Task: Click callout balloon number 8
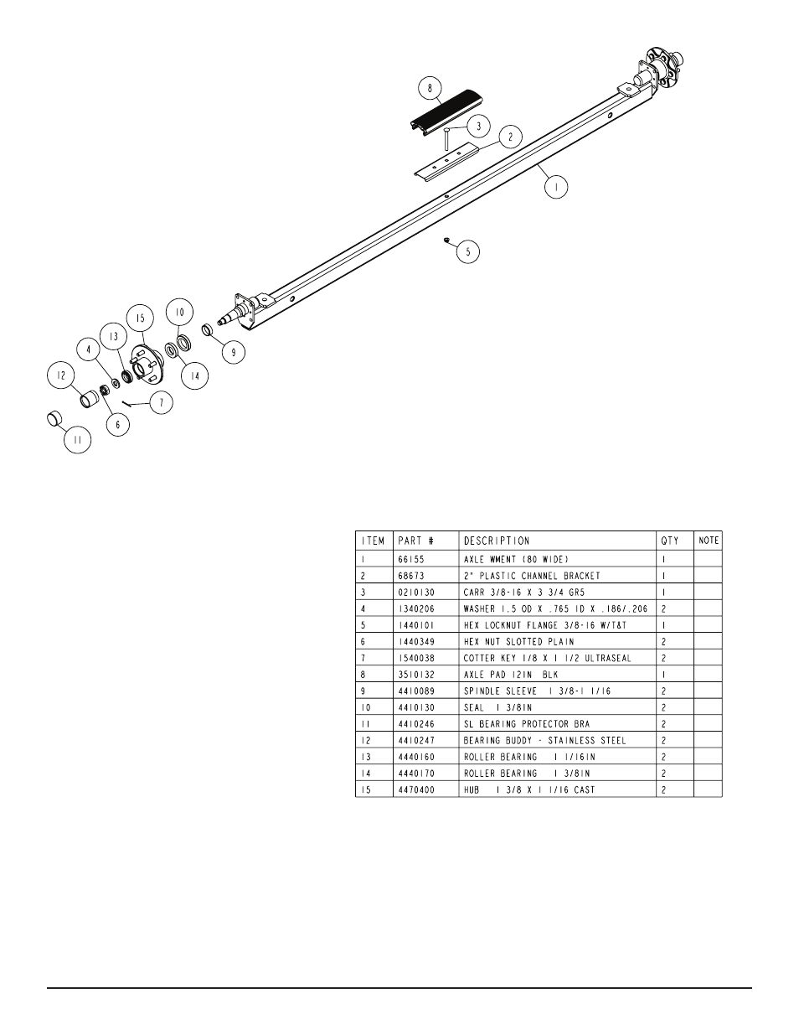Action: point(430,88)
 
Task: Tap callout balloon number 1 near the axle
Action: point(555,186)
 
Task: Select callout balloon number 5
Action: point(468,251)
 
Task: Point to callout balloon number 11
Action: point(77,440)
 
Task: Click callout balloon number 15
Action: point(141,318)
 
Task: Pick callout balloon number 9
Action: point(234,353)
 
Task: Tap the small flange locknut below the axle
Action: point(448,239)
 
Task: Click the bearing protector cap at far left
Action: point(54,417)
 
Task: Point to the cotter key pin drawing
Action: point(129,401)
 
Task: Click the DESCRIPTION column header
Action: point(497,541)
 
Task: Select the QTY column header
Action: point(670,541)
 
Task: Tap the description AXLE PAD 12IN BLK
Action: point(510,675)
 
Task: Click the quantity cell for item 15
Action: point(664,789)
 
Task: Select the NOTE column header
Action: point(709,541)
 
